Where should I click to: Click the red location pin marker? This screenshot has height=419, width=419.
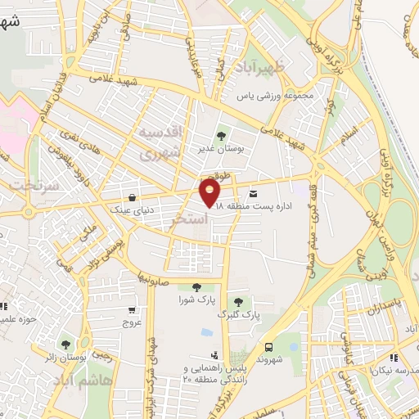(211, 193)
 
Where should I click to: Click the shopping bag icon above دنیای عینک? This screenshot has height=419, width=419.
(133, 196)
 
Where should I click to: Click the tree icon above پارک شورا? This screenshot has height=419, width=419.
(196, 286)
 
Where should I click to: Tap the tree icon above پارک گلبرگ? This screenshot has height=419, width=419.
(239, 302)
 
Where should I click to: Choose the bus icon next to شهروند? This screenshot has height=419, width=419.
(270, 347)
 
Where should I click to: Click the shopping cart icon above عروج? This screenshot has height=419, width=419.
(133, 310)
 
